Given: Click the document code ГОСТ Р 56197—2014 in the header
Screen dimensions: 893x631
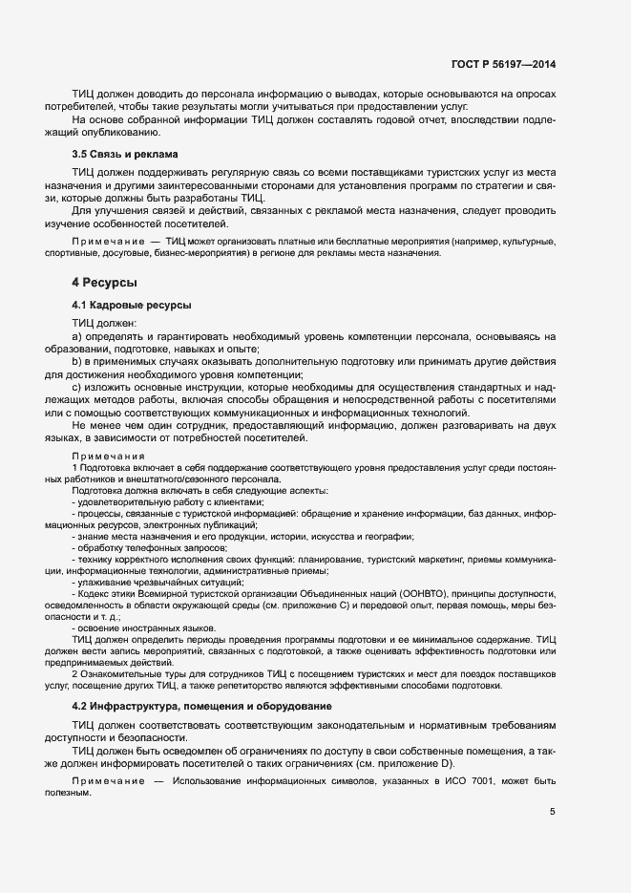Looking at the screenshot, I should pos(502,64).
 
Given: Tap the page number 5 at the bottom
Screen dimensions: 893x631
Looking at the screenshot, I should pos(553,812).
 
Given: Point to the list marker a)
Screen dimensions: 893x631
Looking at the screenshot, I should pos(77,337).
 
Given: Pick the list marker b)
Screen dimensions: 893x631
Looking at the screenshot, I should pos(77,362).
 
